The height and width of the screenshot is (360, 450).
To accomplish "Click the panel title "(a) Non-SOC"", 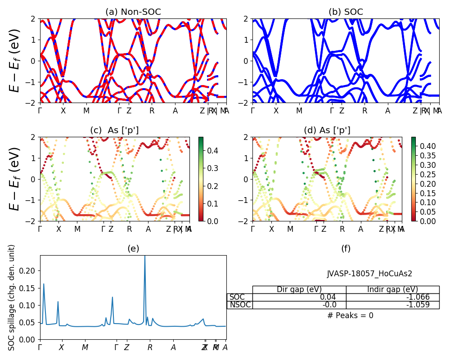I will [x=133, y=12].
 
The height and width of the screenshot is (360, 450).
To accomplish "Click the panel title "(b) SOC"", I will [x=346, y=12].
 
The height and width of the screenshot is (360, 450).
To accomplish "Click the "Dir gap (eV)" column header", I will [x=299, y=289].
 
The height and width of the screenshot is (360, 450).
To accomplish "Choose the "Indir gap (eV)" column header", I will [x=392, y=289].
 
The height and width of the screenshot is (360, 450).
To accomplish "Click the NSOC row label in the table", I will [x=240, y=305].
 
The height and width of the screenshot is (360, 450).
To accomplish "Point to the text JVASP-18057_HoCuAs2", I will [x=369, y=274].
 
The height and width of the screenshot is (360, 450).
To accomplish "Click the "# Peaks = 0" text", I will [x=350, y=315].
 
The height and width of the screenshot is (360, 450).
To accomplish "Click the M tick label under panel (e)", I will [x=85, y=347].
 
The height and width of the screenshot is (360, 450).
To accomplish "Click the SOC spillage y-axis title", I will [x=12, y=297].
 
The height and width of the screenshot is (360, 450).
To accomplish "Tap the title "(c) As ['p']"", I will [x=114, y=130].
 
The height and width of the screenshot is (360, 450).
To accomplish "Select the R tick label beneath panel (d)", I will [x=342, y=229].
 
